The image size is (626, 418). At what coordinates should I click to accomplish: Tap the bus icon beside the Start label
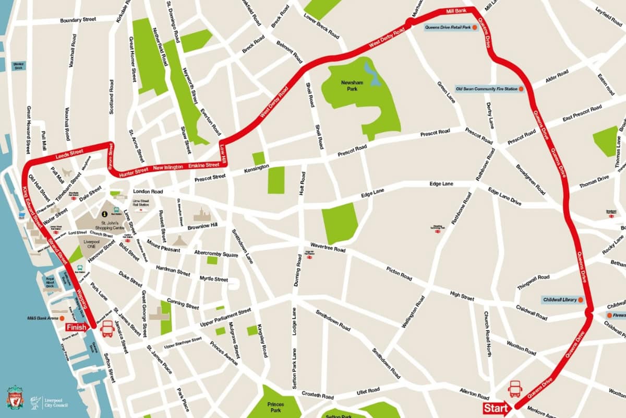[515, 389]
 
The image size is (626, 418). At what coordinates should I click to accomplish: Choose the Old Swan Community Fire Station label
[486, 89]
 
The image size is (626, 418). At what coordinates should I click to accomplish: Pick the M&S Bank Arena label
[43, 318]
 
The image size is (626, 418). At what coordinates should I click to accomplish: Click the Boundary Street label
[78, 20]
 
